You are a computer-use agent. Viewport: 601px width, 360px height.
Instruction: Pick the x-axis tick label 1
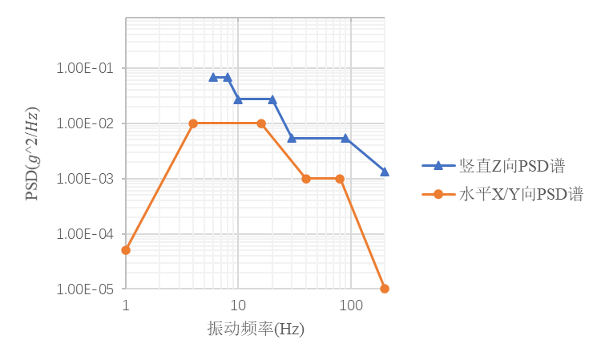126,306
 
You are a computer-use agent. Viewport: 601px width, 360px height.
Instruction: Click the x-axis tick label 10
237,306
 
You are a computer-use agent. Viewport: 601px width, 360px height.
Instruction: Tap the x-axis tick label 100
349,306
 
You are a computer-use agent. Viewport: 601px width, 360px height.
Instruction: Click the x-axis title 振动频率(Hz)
256,330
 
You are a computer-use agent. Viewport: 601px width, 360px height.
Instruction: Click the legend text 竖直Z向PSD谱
511,166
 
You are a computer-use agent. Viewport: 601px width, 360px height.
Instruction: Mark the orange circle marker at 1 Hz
126,250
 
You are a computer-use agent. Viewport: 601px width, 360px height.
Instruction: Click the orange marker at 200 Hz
385,289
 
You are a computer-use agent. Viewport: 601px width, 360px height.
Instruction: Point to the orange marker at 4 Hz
193,123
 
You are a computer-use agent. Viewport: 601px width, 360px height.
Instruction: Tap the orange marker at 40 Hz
306,179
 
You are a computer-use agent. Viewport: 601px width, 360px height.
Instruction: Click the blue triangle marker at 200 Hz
385,172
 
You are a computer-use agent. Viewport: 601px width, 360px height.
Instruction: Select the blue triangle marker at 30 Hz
292,139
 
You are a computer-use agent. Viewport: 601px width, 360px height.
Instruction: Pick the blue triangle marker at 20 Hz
272,100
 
